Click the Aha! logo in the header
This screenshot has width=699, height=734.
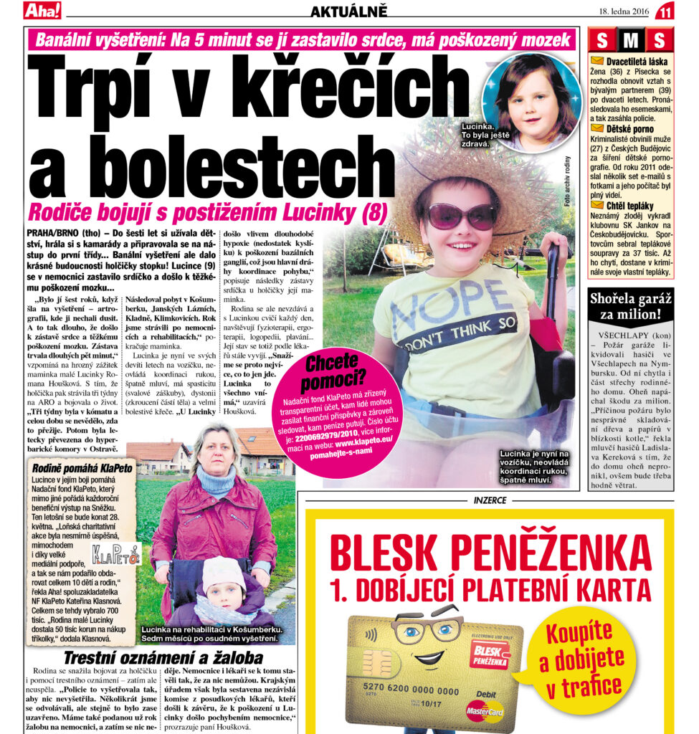[x=42, y=11]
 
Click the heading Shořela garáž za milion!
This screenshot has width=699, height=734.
[x=630, y=306]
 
